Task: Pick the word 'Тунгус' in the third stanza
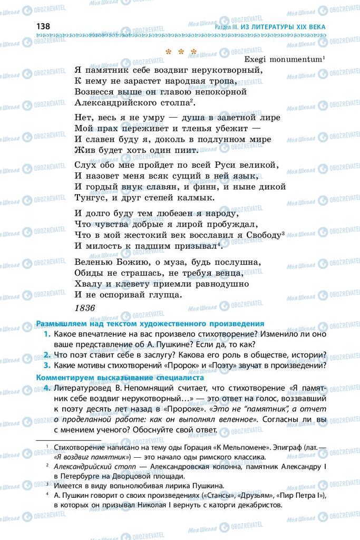tap(91, 198)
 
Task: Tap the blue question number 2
tap(47, 354)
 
